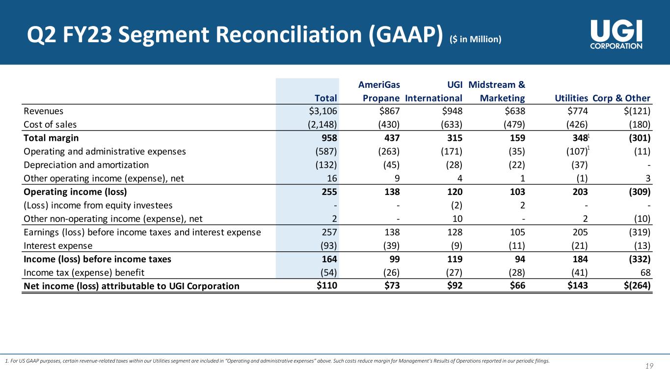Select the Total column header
click(x=325, y=98)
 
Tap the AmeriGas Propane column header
click(x=381, y=91)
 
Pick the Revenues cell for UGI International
click(x=452, y=111)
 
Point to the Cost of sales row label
click(x=50, y=125)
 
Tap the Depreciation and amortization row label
click(x=86, y=165)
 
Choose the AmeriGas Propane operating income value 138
click(x=391, y=191)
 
